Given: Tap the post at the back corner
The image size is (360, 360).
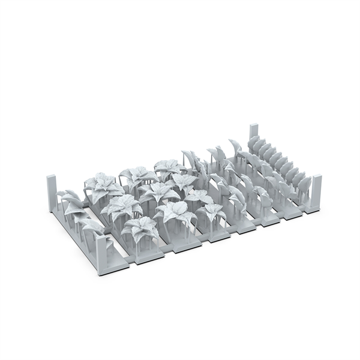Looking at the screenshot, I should (254, 134).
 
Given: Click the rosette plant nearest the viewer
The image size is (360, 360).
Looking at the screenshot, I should (139, 228).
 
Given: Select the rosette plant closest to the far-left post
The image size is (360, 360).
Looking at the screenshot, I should (100, 184).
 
